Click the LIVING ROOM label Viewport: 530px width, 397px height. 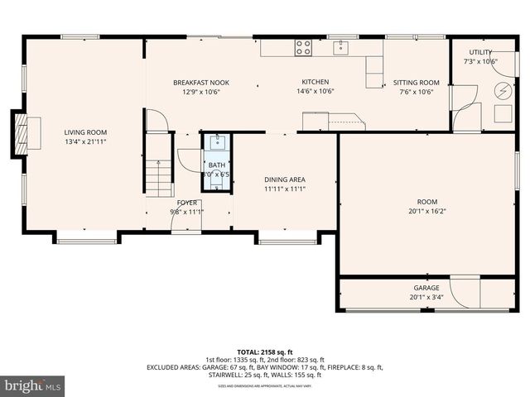pyautogui.click(x=86, y=132)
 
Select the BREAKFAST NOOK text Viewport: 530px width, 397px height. pyautogui.click(x=200, y=83)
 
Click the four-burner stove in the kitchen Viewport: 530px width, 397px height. pyautogui.click(x=303, y=47)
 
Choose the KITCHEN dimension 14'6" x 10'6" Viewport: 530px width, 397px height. pyautogui.click(x=316, y=92)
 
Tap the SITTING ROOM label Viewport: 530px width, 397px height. pyautogui.click(x=416, y=83)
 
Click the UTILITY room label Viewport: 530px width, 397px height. pyautogui.click(x=480, y=52)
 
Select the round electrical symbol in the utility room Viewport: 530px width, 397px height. pyautogui.click(x=503, y=91)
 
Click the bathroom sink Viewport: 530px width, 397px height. pyautogui.click(x=217, y=140)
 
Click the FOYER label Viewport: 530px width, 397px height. pyautogui.click(x=186, y=202)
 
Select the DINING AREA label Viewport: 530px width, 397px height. pyautogui.click(x=285, y=179)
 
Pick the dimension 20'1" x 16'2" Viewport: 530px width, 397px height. pyautogui.click(x=426, y=212)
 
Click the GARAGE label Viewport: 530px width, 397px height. pyautogui.click(x=426, y=288)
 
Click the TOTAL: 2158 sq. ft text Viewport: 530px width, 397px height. pyautogui.click(x=265, y=352)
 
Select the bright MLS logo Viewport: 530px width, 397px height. pyautogui.click(x=33, y=385)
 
